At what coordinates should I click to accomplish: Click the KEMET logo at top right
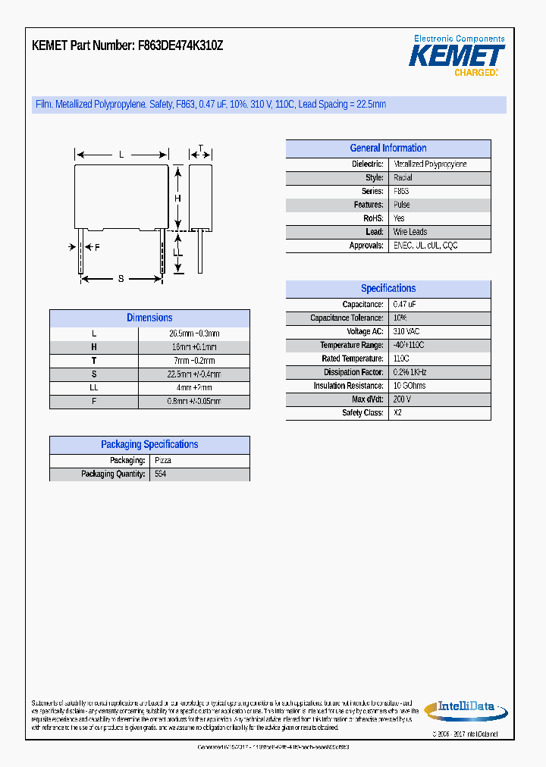457,56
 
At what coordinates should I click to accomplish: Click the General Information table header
388,149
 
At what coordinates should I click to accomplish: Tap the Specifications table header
388,289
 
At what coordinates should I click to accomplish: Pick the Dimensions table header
149,318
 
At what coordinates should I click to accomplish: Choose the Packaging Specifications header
149,445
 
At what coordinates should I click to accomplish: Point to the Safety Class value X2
398,413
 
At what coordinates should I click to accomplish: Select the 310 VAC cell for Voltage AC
406,332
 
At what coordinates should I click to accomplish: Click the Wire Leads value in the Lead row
410,232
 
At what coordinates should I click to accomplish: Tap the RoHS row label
373,218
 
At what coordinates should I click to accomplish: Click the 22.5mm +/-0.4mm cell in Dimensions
194,374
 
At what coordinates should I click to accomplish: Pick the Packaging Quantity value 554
160,474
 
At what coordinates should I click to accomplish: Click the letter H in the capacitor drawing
178,199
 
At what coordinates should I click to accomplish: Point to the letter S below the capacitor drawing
121,279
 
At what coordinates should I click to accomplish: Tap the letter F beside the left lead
97,248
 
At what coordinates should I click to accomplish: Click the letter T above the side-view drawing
200,149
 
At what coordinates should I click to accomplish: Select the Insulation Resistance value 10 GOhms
409,386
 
